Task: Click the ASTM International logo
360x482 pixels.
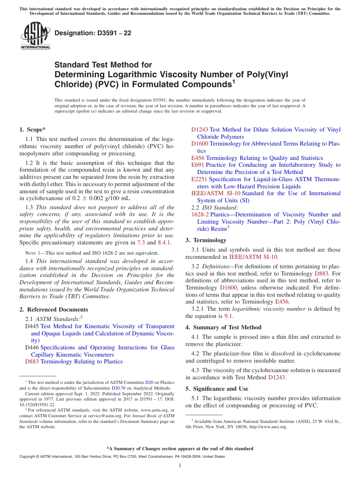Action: click(x=35, y=36)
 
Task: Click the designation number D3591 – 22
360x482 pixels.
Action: click(x=93, y=33)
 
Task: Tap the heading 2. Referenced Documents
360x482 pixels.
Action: click(x=54, y=310)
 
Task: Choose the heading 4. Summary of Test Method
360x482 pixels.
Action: click(x=223, y=327)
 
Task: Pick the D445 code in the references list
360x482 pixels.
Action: click(x=32, y=326)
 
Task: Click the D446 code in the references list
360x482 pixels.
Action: click(x=32, y=347)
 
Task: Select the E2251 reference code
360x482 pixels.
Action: click(x=199, y=179)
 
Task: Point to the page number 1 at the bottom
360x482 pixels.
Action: click(x=180, y=466)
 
